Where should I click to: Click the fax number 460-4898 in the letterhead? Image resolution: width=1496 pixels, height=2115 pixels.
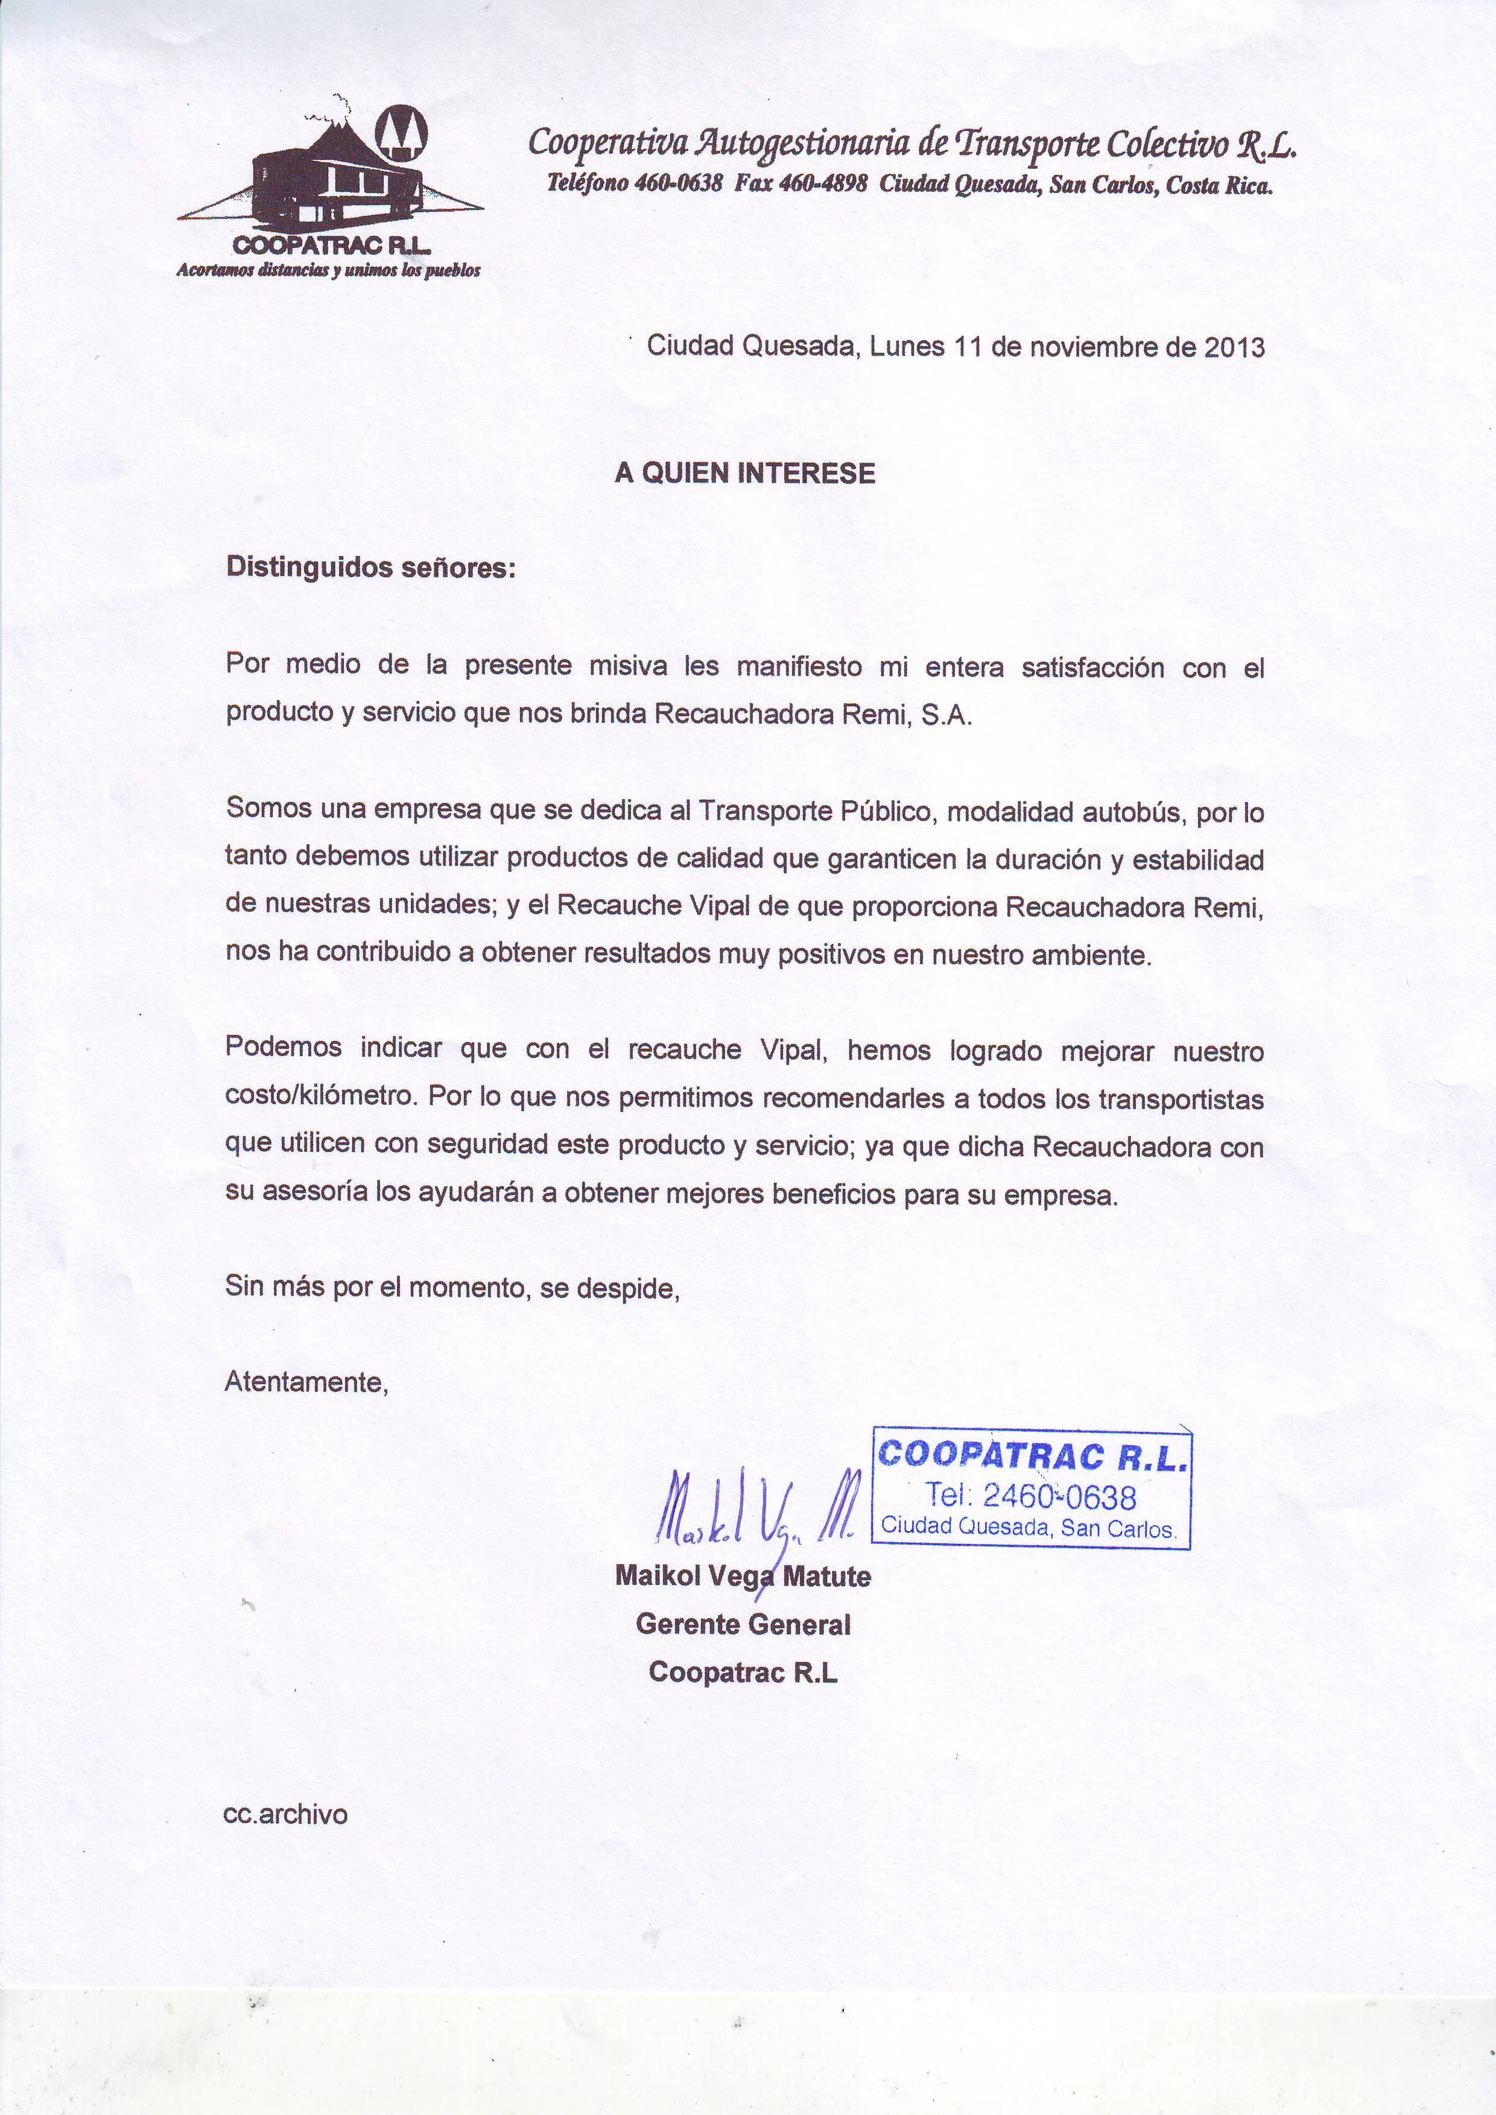pyautogui.click(x=823, y=184)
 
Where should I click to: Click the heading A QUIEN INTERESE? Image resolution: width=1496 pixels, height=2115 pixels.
pyautogui.click(x=744, y=473)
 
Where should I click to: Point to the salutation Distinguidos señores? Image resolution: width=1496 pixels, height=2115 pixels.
pyautogui.click(x=371, y=567)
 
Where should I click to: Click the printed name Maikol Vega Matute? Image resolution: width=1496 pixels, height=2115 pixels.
pyautogui.click(x=743, y=1576)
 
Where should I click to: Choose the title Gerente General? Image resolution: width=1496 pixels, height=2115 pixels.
pyautogui.click(x=743, y=1624)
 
